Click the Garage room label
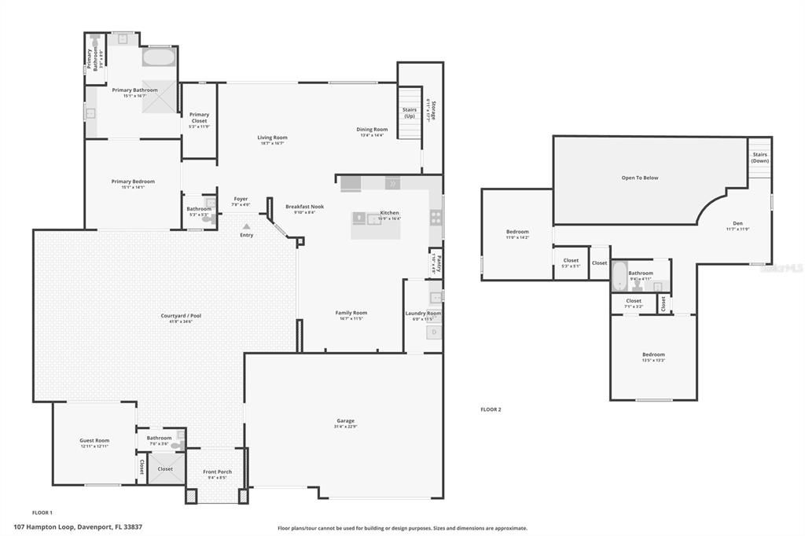pyautogui.click(x=346, y=421)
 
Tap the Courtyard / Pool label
pyautogui.click(x=182, y=316)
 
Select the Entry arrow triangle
pyautogui.click(x=246, y=226)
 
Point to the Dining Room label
pyautogui.click(x=372, y=130)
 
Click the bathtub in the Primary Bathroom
pyautogui.click(x=160, y=57)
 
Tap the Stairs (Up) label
pyautogui.click(x=410, y=113)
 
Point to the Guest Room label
pyautogui.click(x=94, y=440)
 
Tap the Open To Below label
pyautogui.click(x=640, y=178)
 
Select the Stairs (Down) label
pyautogui.click(x=759, y=157)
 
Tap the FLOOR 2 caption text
pyautogui.click(x=491, y=409)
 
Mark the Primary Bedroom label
pyautogui.click(x=133, y=182)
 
